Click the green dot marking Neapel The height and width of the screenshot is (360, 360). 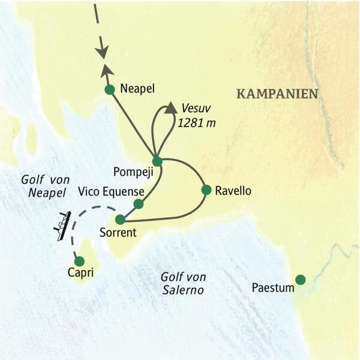pyautogui.click(x=109, y=90)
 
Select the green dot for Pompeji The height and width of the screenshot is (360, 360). pyautogui.click(x=157, y=161)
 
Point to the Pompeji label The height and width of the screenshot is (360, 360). pyautogui.click(x=134, y=172)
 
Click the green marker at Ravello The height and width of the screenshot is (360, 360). pyautogui.click(x=206, y=190)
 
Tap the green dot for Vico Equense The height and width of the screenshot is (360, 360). pyautogui.click(x=139, y=204)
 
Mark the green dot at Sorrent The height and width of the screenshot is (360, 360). pyautogui.click(x=121, y=219)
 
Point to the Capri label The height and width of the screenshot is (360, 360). pyautogui.click(x=80, y=273)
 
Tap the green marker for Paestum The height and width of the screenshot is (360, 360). pyautogui.click(x=300, y=279)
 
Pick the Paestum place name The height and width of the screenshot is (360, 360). pyautogui.click(x=273, y=288)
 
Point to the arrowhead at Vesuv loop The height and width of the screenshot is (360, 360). pyautogui.click(x=169, y=108)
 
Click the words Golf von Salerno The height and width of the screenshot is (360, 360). pyautogui.click(x=183, y=284)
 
